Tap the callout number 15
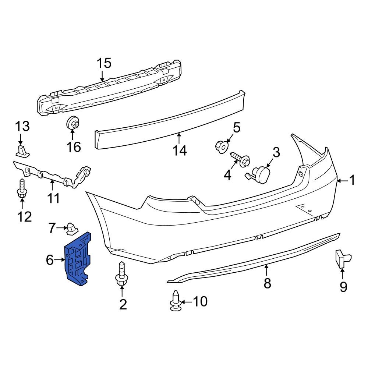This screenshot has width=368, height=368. click(x=104, y=63)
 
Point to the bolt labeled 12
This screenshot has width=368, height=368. click(x=21, y=190)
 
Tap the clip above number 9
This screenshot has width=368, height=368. click(x=342, y=259)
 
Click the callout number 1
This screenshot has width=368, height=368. click(x=352, y=180)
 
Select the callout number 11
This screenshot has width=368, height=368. click(x=53, y=198)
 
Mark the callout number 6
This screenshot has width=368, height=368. click(x=50, y=260)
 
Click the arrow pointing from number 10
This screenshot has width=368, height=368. click(x=186, y=302)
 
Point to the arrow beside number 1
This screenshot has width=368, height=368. click(x=342, y=180)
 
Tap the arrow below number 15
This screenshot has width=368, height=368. click(x=102, y=76)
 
